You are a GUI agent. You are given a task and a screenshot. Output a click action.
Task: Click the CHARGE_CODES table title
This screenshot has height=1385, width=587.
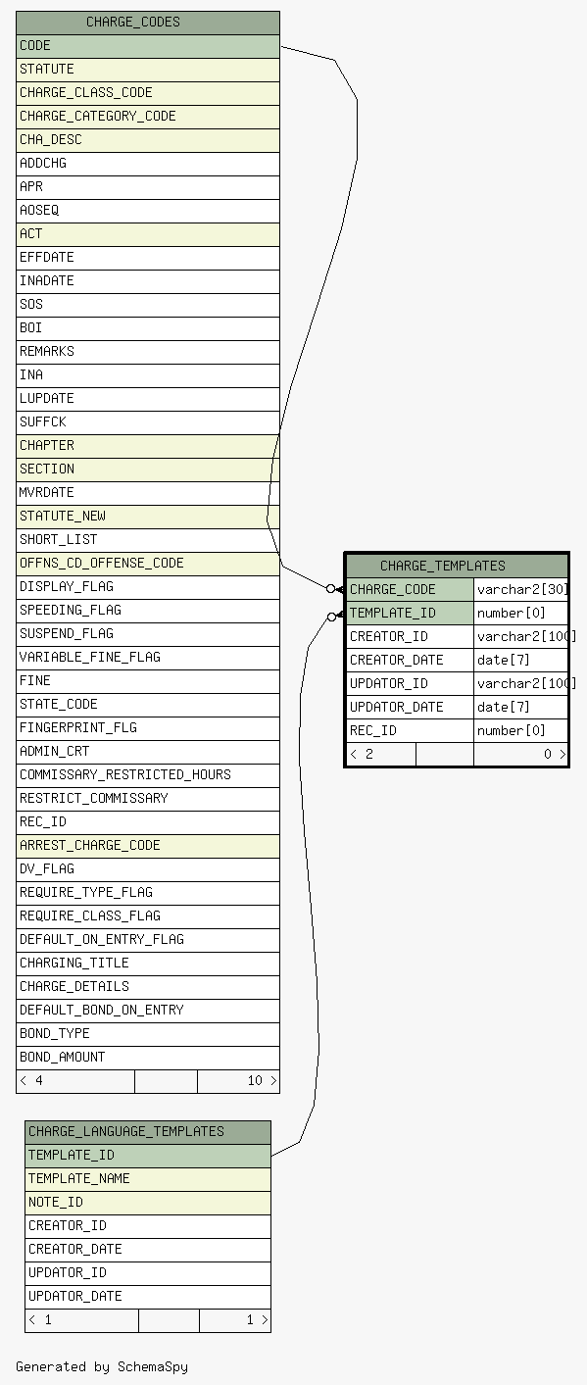tap(133, 23)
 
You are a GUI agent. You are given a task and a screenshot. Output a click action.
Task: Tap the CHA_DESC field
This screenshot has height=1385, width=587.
tap(51, 140)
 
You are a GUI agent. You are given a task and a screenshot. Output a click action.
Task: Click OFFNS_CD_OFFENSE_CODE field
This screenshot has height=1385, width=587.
tap(101, 564)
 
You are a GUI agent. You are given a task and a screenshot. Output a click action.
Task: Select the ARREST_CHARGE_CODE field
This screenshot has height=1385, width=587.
tap(89, 845)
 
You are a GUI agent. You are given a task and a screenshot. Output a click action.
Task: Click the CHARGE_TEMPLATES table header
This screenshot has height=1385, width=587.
tap(442, 566)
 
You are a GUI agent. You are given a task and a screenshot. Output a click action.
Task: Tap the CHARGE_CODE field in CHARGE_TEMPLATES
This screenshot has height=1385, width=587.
tap(392, 589)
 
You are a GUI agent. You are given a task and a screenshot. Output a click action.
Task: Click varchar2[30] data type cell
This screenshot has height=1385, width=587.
tap(522, 589)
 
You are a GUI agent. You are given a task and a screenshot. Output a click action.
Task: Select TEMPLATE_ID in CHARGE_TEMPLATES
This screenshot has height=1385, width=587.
tap(392, 613)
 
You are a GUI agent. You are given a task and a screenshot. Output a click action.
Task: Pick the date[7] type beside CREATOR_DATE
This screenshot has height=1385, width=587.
tap(504, 660)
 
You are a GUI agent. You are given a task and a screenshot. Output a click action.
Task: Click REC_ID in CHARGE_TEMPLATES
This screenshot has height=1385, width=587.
tap(373, 730)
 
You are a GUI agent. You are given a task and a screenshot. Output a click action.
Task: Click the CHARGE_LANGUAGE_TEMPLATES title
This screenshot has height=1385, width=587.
tap(126, 1131)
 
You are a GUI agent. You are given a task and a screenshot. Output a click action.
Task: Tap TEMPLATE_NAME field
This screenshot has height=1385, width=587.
tap(79, 1178)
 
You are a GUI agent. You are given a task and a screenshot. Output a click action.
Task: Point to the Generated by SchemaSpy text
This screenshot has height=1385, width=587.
tap(102, 1366)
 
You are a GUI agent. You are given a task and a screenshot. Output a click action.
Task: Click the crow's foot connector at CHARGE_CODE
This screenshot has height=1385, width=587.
tap(336, 589)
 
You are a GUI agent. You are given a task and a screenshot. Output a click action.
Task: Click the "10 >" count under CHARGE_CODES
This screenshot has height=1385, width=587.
tap(262, 1080)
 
